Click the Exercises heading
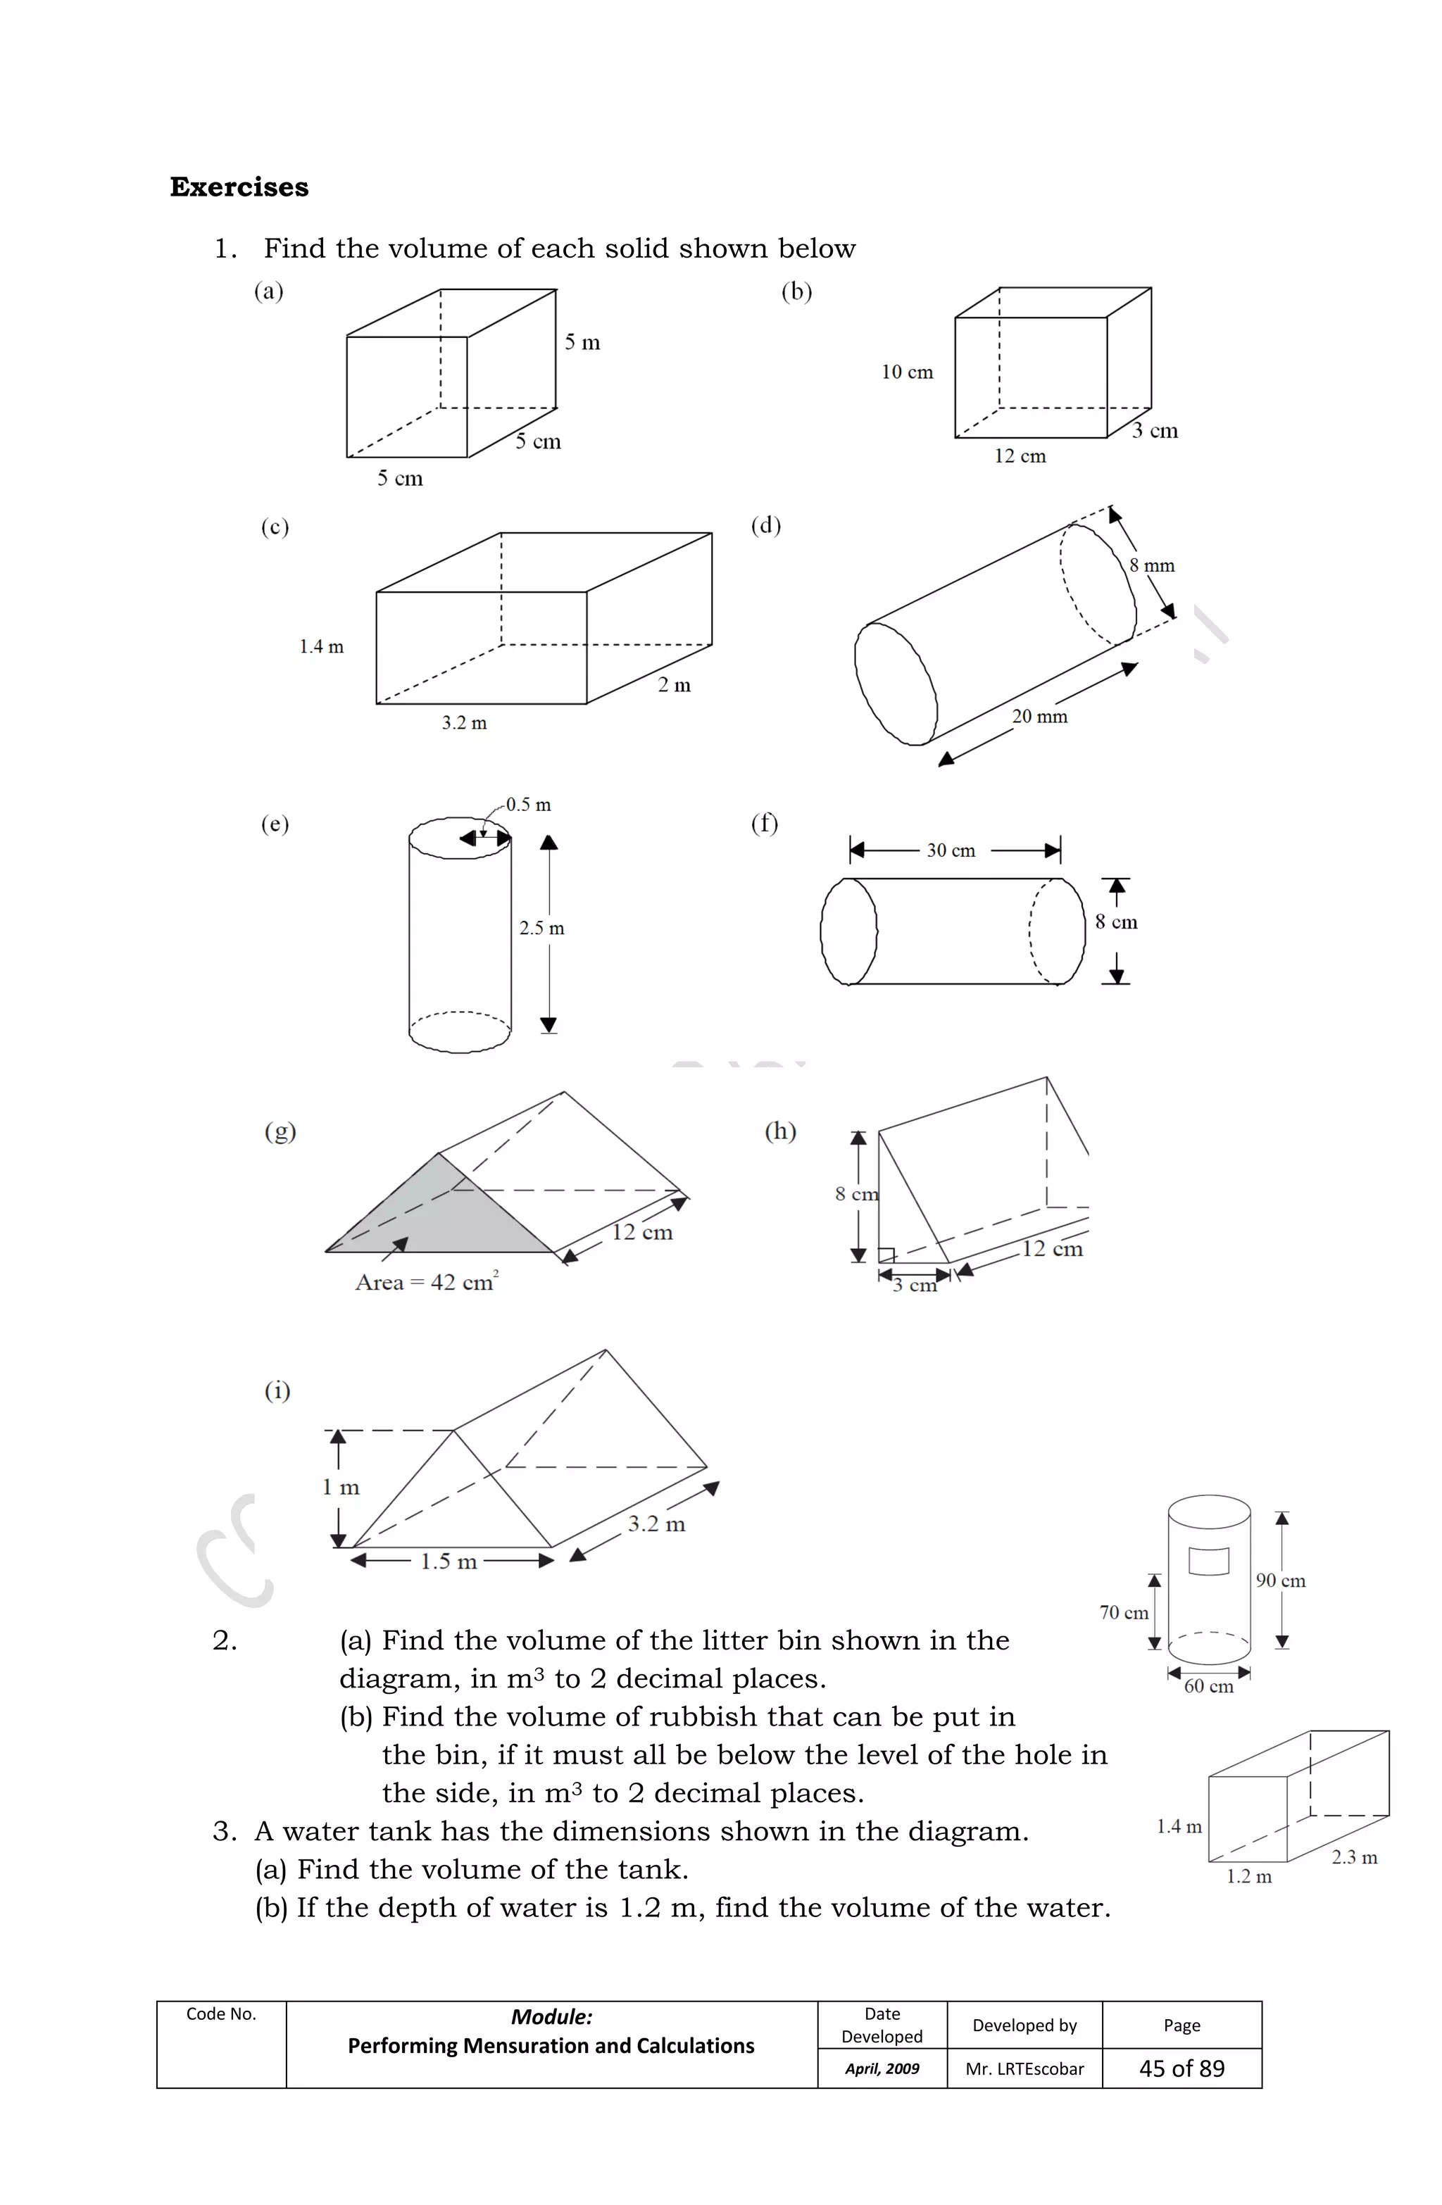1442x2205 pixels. [x=239, y=187]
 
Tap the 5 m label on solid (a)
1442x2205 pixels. [x=582, y=343]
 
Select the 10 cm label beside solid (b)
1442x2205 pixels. [x=906, y=372]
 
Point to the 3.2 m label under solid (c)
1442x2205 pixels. [x=463, y=722]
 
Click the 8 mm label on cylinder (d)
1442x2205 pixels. [x=1151, y=565]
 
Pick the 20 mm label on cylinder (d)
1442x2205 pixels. [x=1039, y=716]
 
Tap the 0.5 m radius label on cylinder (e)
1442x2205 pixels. [x=528, y=804]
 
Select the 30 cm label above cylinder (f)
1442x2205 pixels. [x=950, y=850]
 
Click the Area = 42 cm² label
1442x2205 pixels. [x=426, y=1281]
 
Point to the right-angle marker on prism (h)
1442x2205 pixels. [x=886, y=1255]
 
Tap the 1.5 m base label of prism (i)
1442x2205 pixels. [x=449, y=1561]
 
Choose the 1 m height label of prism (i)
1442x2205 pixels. [x=340, y=1487]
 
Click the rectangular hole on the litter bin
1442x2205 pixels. [x=1208, y=1560]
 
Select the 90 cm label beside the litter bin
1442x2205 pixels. [x=1280, y=1581]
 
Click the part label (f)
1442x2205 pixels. [x=765, y=823]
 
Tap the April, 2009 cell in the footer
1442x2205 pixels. [x=882, y=2069]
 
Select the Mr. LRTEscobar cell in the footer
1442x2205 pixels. [x=1024, y=2069]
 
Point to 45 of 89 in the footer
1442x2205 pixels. [x=1181, y=2069]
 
